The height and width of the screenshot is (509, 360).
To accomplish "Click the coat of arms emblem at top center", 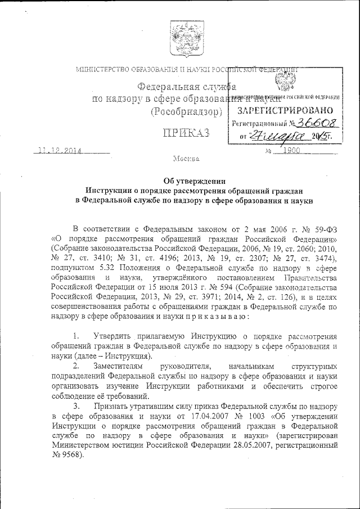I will (x=180, y=37).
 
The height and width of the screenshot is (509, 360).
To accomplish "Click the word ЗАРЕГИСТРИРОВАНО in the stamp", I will (x=285, y=110).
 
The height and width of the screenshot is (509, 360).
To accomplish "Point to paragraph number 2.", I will (x=77, y=367).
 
